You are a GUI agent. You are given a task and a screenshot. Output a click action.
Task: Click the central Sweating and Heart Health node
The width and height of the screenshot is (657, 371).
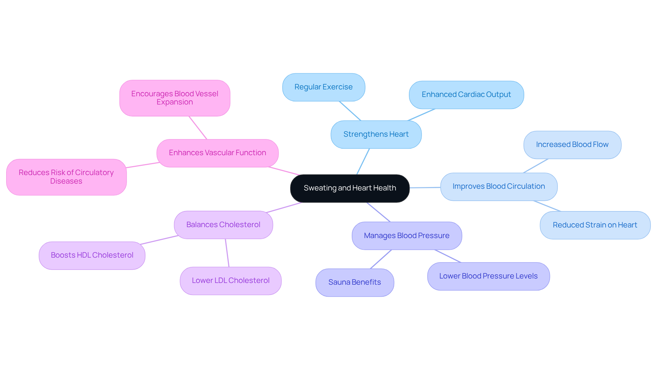pos(350,188)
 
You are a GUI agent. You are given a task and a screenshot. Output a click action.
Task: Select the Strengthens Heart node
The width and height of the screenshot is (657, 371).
pos(376,134)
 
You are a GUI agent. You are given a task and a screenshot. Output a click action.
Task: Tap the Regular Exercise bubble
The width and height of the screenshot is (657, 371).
pos(323,87)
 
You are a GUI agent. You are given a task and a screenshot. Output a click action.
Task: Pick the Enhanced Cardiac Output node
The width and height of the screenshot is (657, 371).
pos(466,95)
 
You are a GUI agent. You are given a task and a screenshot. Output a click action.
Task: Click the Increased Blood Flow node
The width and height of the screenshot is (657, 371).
pos(572,145)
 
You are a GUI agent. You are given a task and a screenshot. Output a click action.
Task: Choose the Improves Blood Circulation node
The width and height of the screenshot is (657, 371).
pos(499,186)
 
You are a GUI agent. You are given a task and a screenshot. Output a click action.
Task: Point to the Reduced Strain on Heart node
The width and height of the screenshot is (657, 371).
pos(595,225)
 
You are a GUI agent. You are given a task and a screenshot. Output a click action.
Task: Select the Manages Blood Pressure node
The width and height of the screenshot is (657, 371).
pos(407,236)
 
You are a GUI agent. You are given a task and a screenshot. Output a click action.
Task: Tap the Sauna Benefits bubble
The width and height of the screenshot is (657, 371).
pos(355,282)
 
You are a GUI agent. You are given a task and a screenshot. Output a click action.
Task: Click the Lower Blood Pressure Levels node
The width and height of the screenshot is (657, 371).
pos(488,276)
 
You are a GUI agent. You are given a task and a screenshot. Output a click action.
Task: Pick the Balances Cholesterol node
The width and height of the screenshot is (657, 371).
pos(223,225)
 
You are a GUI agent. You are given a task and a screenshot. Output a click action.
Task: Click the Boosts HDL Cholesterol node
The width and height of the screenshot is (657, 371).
pos(92,255)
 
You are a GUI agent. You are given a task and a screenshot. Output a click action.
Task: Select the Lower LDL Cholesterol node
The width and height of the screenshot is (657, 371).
pos(230,281)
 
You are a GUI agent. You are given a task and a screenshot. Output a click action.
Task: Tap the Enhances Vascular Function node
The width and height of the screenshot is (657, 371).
pos(217,153)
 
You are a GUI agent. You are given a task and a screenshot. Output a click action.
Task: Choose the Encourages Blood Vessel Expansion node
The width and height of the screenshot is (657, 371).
pos(175,98)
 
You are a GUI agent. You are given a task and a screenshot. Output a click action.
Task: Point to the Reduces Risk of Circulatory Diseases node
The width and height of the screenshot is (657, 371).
pos(66,177)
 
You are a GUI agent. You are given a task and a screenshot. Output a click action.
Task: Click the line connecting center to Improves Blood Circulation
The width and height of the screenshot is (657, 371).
pos(425,187)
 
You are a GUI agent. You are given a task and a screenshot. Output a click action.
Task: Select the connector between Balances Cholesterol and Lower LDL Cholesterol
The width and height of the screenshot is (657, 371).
pos(227,253)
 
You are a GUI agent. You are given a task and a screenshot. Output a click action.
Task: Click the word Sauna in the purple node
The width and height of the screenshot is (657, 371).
pos(339,282)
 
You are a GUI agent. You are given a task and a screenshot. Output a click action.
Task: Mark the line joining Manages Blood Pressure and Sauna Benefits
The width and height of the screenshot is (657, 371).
pos(381,259)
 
